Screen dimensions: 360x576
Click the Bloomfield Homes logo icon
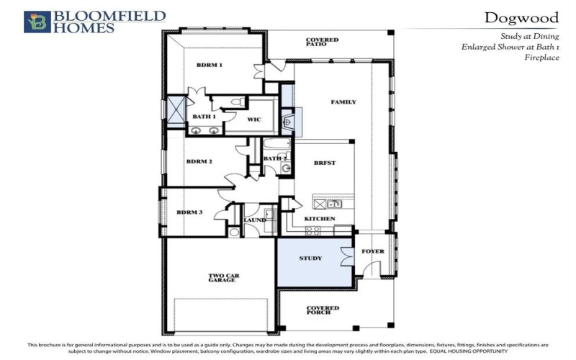(x=37, y=22)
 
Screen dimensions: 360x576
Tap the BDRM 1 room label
(x=210, y=66)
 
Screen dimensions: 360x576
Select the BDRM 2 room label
(x=199, y=162)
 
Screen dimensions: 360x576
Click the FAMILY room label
(x=343, y=102)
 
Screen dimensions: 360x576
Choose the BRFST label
(x=325, y=163)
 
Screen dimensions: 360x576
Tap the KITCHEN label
(x=320, y=218)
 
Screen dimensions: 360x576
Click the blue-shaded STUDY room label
(x=310, y=258)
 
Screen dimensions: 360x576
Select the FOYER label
(x=372, y=251)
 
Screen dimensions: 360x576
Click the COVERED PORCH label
(x=322, y=311)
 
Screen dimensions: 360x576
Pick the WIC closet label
(x=253, y=120)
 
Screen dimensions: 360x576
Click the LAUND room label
(x=254, y=220)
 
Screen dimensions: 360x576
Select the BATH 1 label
(x=204, y=117)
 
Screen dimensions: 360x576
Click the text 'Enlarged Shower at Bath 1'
(x=510, y=46)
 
